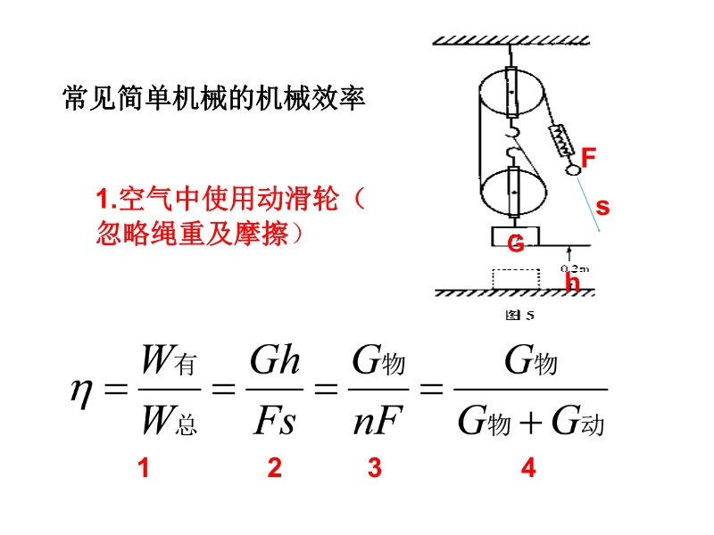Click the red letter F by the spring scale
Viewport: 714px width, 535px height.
[x=588, y=158]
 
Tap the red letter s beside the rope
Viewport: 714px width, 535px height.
[x=602, y=208]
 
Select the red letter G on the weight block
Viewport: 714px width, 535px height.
[x=516, y=243]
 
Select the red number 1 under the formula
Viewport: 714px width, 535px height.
[x=143, y=468]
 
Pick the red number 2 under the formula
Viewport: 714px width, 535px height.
[x=275, y=468]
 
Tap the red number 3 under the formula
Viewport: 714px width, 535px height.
[x=375, y=468]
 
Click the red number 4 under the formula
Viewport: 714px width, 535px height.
[x=529, y=468]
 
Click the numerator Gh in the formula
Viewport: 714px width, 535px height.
[x=275, y=362]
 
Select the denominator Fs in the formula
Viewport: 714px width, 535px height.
[x=275, y=422]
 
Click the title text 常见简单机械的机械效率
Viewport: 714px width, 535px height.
[x=215, y=97]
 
